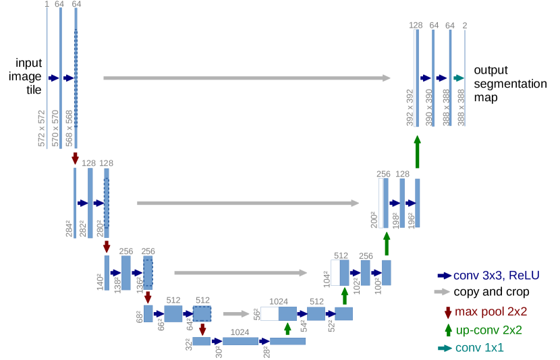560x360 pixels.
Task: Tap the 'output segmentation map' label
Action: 509,84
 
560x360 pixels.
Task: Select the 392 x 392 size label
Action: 409,107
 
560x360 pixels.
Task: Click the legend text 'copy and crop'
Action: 491,292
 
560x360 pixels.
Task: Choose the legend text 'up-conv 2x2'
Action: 489,330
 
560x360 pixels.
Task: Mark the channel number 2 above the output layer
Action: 465,25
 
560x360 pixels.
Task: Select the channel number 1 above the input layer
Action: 47,5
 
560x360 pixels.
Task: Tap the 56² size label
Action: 256,313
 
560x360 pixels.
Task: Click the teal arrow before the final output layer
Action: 459,78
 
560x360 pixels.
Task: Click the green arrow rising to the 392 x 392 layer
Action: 417,151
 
